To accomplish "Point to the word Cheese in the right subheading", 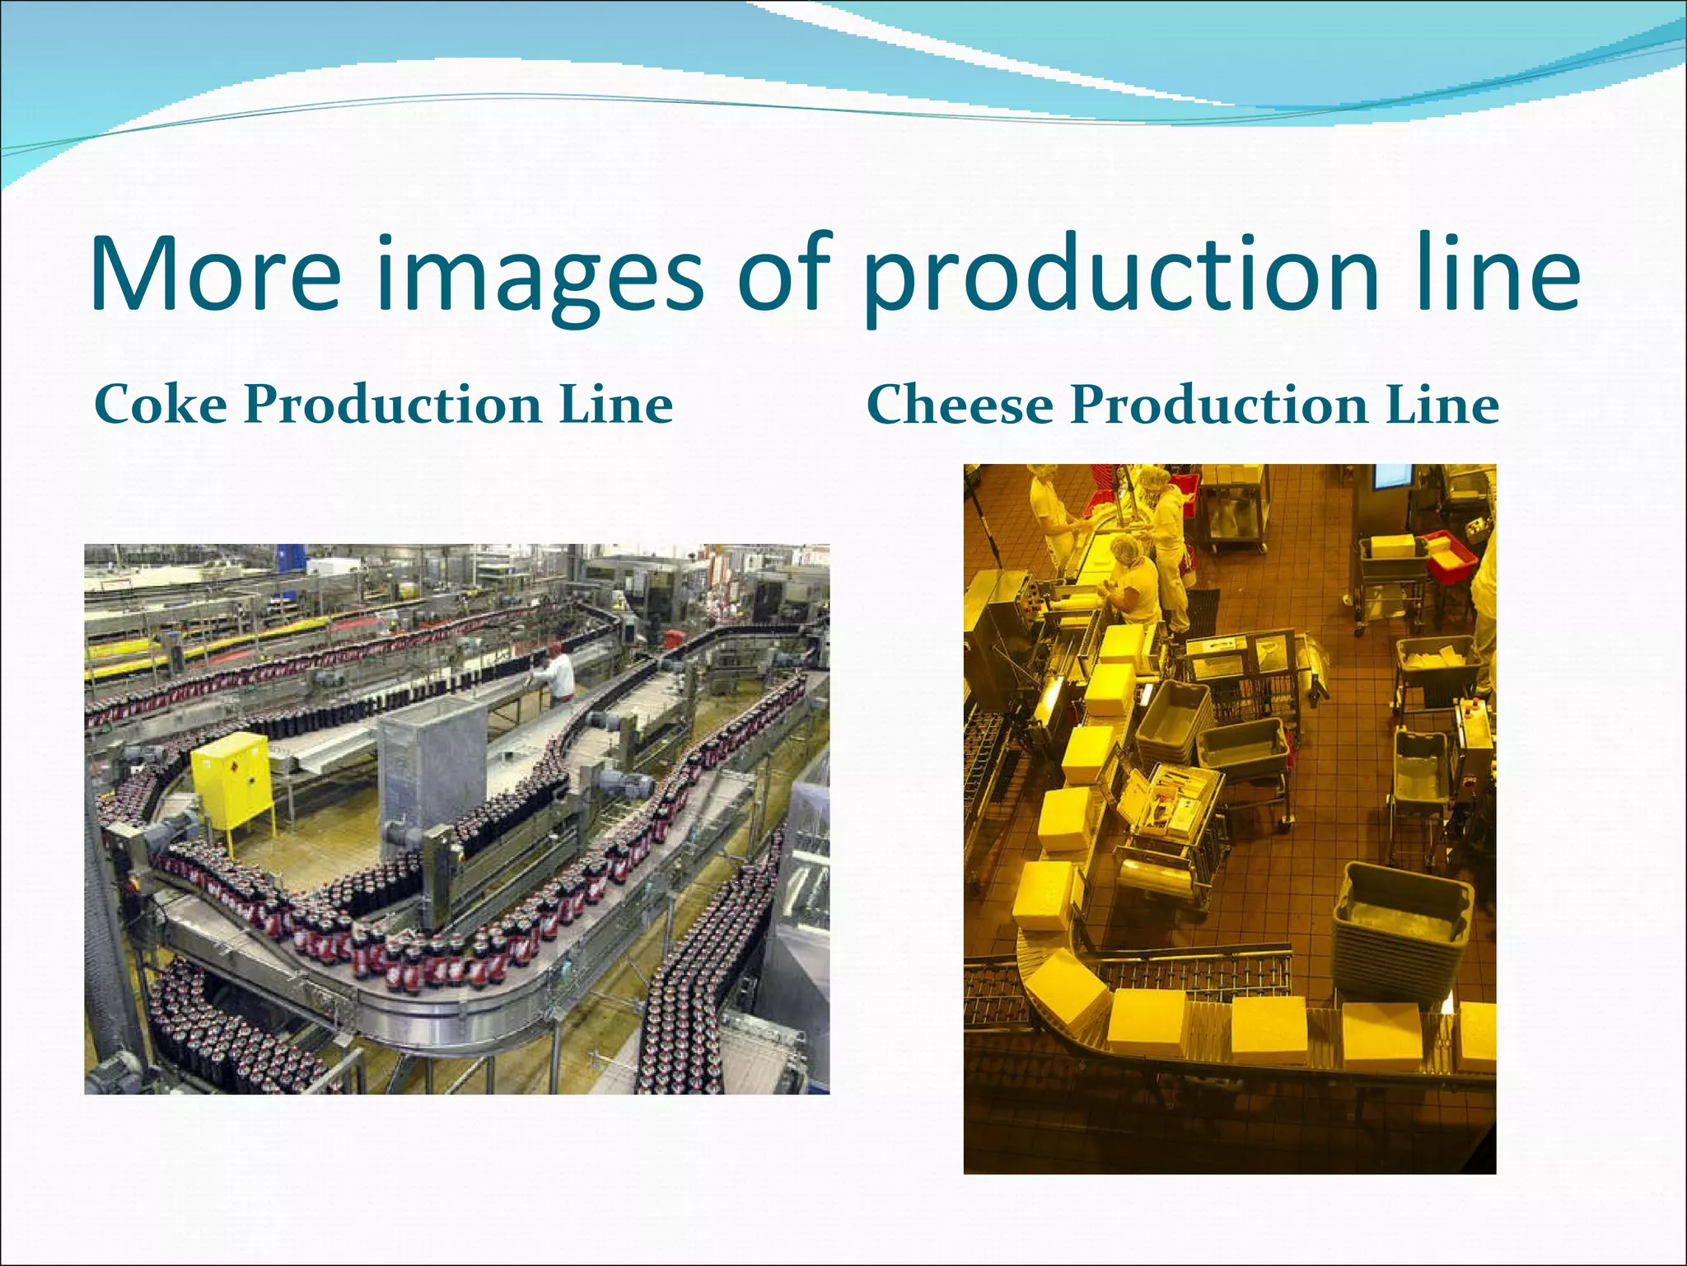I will click(960, 405).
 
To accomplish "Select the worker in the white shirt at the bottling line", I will click(560, 672).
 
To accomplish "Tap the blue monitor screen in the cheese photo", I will click(1392, 476).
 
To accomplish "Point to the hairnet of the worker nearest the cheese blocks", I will click(1123, 547).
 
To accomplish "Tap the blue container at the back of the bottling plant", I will click(288, 556).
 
